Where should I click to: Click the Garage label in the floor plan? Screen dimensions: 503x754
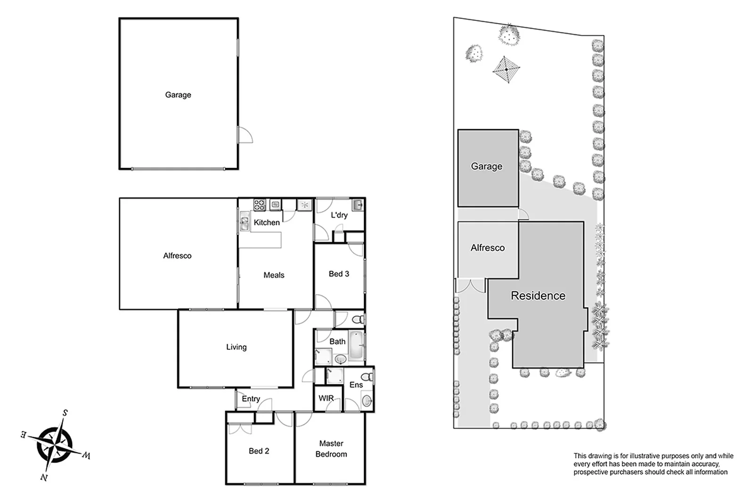(x=178, y=95)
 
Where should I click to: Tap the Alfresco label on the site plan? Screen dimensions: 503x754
(x=487, y=248)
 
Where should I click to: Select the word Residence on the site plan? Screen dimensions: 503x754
(x=538, y=296)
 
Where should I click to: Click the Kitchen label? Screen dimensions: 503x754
(x=266, y=223)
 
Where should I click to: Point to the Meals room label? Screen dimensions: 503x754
(x=274, y=275)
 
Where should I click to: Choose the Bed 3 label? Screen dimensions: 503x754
(x=339, y=274)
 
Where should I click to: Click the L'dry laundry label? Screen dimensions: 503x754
(x=339, y=215)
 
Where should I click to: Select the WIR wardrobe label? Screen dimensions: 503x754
(x=326, y=399)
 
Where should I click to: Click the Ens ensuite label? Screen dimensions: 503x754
(x=356, y=385)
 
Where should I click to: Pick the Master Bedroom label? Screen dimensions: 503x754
(x=331, y=449)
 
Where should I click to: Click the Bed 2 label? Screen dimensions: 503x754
(x=259, y=451)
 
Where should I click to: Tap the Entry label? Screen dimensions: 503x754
(x=251, y=399)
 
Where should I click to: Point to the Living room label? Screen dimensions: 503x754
(x=236, y=347)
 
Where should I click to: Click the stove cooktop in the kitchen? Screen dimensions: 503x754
(x=260, y=205)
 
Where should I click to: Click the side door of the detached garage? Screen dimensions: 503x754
(x=245, y=135)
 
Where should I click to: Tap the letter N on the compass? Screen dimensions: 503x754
(x=44, y=478)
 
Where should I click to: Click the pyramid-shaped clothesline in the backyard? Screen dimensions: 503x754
(x=506, y=69)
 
